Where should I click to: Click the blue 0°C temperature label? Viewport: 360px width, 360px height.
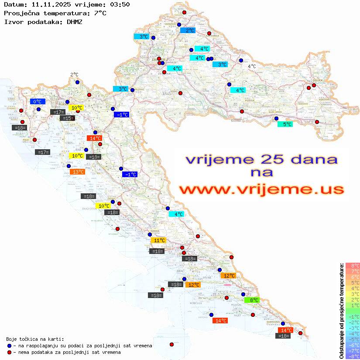[x=38, y=102]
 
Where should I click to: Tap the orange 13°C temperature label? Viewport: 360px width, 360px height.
[x=77, y=172]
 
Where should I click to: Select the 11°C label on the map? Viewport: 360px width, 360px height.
[x=158, y=240]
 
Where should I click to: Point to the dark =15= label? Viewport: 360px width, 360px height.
[x=67, y=118]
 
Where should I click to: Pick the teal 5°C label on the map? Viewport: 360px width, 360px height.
[x=285, y=124]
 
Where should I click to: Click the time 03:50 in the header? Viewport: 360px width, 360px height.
[x=120, y=4]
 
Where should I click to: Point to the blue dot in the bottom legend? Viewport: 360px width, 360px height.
[x=10, y=346]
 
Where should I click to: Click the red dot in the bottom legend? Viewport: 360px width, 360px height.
[x=10, y=352]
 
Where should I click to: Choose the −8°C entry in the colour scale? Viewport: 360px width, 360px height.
[x=353, y=357]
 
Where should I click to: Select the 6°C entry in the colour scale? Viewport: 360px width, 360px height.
[x=353, y=277]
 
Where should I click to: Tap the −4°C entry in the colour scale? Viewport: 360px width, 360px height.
[x=353, y=334]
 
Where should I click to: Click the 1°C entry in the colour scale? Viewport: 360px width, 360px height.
[x=353, y=305]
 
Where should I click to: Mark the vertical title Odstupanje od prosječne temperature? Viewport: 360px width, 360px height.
[x=341, y=311]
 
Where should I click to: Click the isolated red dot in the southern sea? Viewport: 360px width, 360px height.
[x=171, y=345]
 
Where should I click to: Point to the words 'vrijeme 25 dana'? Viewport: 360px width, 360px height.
[x=261, y=159]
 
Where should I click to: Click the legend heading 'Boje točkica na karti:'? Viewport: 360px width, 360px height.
[x=35, y=339]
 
